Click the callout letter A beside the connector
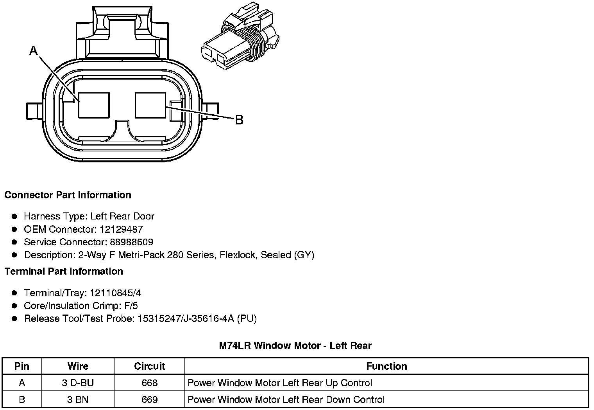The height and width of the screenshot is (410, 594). [34, 50]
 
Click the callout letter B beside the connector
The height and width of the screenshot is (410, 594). [239, 120]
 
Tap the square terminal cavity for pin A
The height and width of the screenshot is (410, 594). [94, 105]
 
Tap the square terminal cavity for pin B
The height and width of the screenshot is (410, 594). [150, 105]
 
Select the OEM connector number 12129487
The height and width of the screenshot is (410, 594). [120, 229]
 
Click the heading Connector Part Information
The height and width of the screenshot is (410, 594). [68, 195]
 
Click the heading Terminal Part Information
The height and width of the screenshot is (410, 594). [64, 271]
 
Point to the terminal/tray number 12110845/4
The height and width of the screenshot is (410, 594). [115, 293]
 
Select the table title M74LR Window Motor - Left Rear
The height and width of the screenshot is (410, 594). [295, 345]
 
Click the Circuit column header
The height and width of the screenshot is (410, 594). [149, 366]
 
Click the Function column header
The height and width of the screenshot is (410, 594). [386, 366]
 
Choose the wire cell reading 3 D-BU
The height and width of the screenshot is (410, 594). [78, 383]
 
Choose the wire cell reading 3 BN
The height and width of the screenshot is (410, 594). [78, 400]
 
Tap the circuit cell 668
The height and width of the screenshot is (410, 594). [149, 383]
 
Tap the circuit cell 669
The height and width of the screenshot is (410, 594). [149, 400]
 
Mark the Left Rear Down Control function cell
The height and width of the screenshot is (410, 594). [286, 400]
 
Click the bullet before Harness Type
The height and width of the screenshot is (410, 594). [14, 216]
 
